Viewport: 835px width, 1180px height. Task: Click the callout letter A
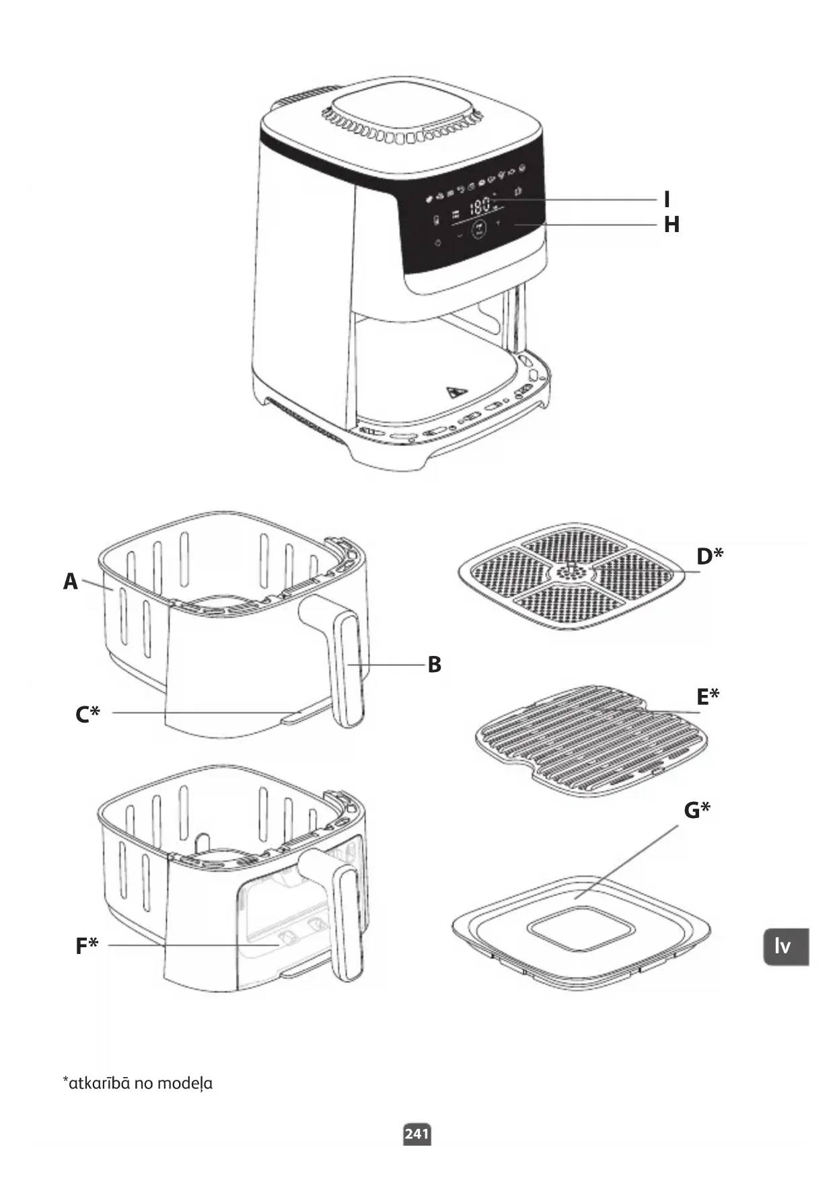pyautogui.click(x=71, y=581)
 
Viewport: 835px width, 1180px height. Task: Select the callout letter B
pyautogui.click(x=435, y=665)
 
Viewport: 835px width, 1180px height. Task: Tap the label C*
pyautogui.click(x=87, y=713)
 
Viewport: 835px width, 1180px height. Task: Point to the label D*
pyautogui.click(x=710, y=556)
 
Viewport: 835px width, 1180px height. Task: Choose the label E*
pyautogui.click(x=707, y=696)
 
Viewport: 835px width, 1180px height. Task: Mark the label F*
pyautogui.click(x=87, y=946)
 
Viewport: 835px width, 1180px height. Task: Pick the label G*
pyautogui.click(x=696, y=810)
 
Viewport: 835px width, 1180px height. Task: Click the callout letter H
pyautogui.click(x=671, y=225)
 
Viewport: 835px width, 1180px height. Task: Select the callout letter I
pyautogui.click(x=667, y=199)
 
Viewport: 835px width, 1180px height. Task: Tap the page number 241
pyautogui.click(x=416, y=1134)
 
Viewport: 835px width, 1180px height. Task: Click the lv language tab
pyautogui.click(x=785, y=947)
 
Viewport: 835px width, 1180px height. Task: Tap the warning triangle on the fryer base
pyautogui.click(x=458, y=392)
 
